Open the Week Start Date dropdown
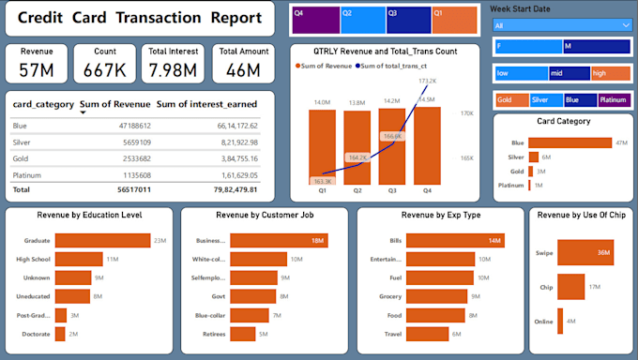[561, 25]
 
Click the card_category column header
[42, 104]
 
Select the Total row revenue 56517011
[109, 188]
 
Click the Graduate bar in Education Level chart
[102, 241]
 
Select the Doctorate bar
[60, 334]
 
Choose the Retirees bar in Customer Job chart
[242, 334]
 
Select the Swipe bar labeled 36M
[592, 252]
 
